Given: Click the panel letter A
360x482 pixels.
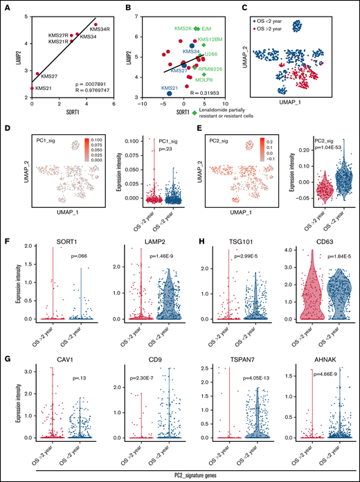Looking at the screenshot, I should (7, 7).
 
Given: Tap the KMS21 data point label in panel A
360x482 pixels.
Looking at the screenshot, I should (44, 89).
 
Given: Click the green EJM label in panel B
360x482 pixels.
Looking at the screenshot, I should (206, 28).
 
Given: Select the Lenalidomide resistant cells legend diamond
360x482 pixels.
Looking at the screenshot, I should (195, 111).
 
